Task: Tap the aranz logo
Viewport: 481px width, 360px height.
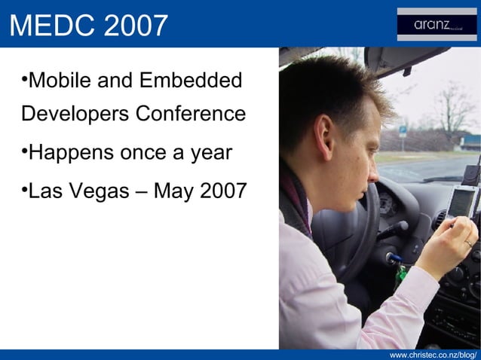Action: [x=437, y=24]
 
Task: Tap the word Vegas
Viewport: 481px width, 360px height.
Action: [x=109, y=192]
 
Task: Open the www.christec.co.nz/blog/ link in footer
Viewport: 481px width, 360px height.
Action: [x=433, y=354]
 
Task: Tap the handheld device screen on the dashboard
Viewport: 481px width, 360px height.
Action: [x=461, y=202]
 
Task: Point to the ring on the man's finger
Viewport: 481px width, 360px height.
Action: [x=468, y=243]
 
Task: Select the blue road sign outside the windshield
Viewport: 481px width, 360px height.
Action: [x=403, y=131]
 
